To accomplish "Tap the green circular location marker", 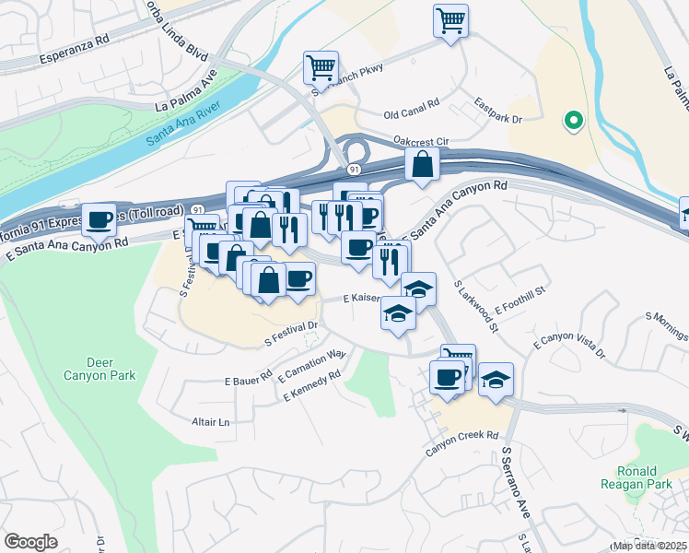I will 572,120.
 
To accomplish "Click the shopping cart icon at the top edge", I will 450,19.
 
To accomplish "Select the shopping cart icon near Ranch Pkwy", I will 321,66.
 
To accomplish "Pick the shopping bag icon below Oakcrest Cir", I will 422,165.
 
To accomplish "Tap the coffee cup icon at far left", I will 99,219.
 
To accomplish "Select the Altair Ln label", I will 210,422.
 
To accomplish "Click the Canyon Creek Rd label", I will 461,436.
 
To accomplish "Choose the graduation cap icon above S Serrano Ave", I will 496,379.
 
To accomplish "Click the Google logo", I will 30,542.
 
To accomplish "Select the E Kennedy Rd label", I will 313,386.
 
